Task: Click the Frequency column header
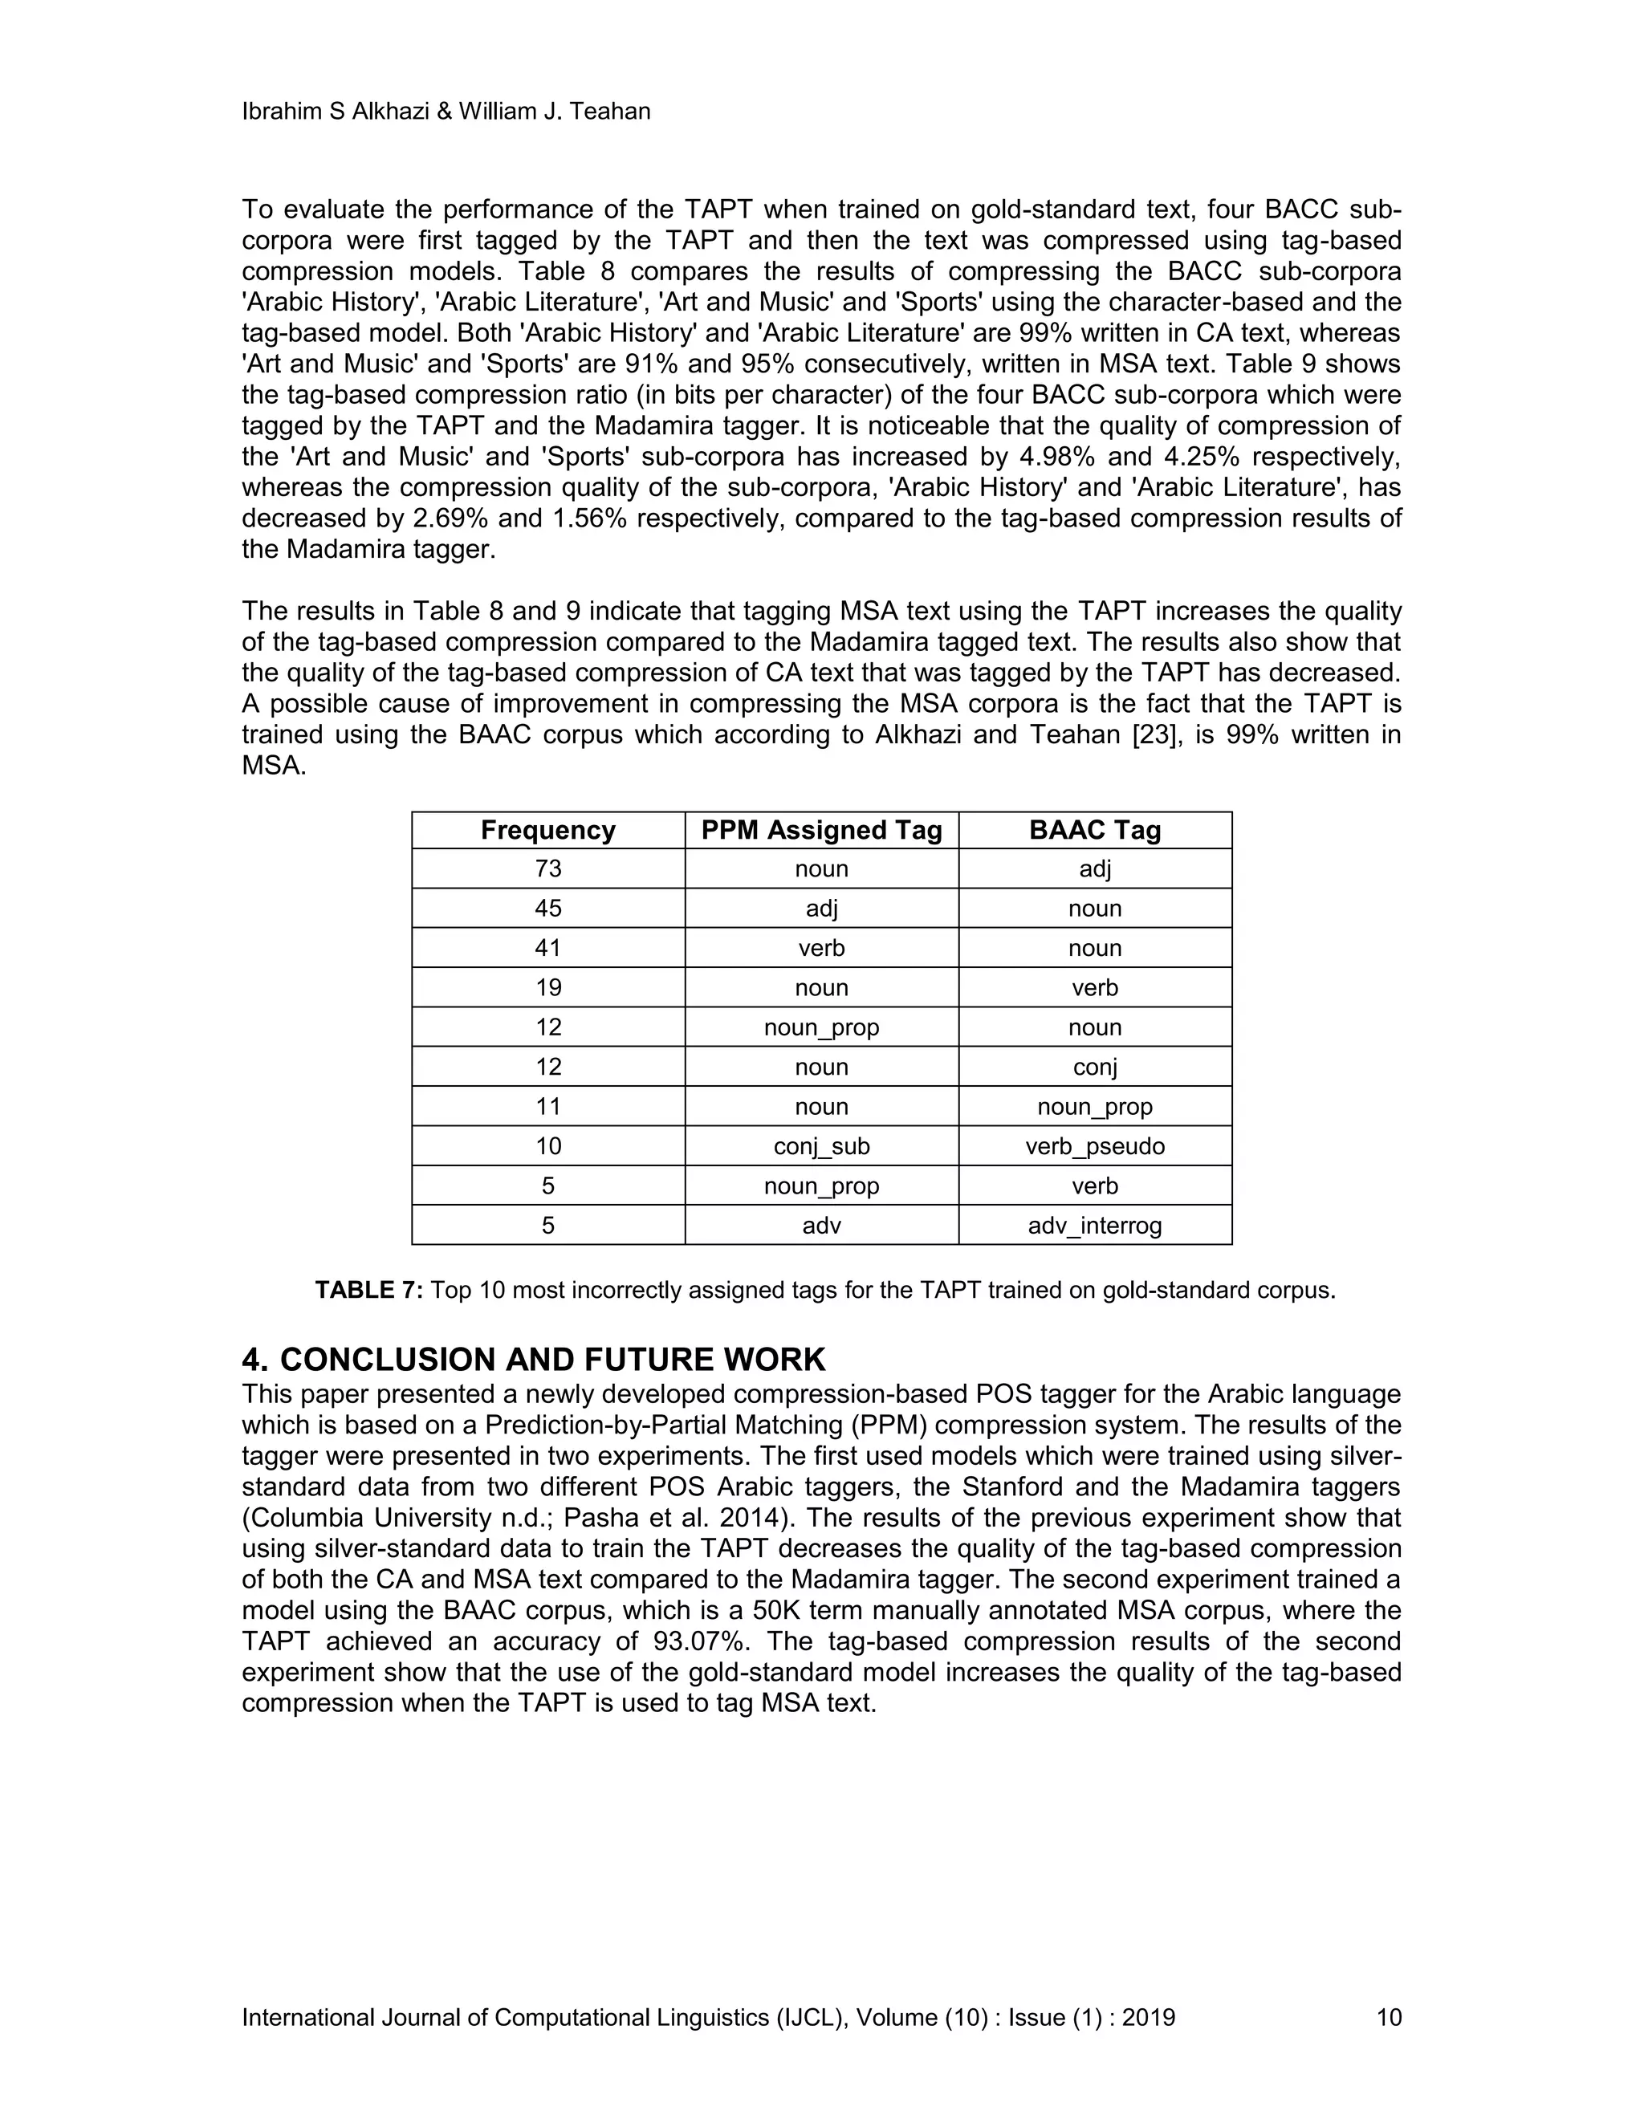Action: click(x=547, y=830)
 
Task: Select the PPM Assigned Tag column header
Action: click(x=821, y=830)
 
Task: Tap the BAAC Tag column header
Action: click(x=1095, y=830)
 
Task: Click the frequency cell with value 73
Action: click(x=547, y=868)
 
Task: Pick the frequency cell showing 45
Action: click(x=547, y=909)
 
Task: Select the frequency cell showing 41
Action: click(x=547, y=948)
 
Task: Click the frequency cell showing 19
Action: click(x=547, y=987)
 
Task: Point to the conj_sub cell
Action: click(x=821, y=1146)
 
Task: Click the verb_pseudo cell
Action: click(x=1095, y=1146)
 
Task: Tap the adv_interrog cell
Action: click(x=1095, y=1225)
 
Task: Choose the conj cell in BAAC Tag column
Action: click(x=1095, y=1068)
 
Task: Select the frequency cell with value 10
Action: click(x=547, y=1146)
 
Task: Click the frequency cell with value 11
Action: click(x=547, y=1106)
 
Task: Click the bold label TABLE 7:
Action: click(x=368, y=1291)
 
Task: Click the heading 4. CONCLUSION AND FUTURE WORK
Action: click(x=533, y=1359)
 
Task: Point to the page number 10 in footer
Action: click(x=1388, y=2017)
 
